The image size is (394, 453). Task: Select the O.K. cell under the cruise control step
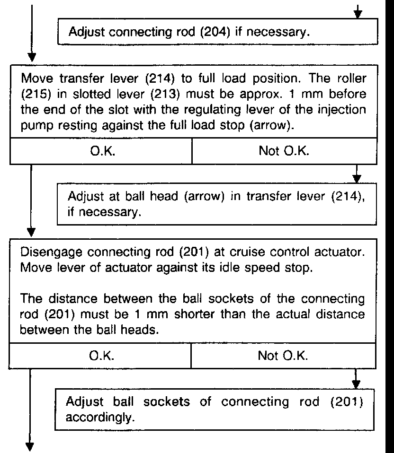100,356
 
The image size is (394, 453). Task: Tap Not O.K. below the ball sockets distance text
283,356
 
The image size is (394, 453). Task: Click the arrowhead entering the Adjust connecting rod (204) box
358,14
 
